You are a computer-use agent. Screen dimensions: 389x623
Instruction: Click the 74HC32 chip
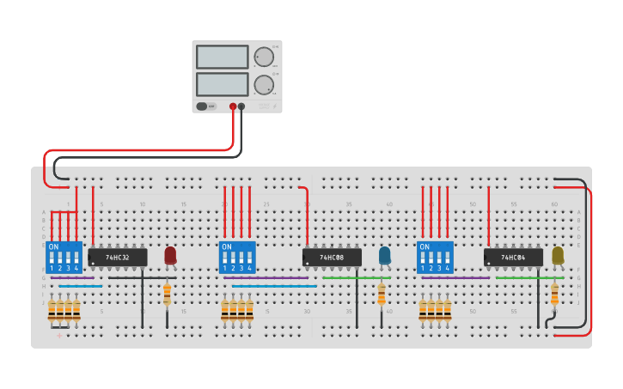118,257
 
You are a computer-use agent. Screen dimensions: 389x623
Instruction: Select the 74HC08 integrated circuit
332,257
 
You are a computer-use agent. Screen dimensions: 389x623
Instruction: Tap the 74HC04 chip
513,257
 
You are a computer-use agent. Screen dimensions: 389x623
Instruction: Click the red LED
170,255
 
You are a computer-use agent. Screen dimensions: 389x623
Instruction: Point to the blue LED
384,255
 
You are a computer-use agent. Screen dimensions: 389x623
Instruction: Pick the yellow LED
558,255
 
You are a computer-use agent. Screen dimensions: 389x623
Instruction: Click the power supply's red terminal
233,106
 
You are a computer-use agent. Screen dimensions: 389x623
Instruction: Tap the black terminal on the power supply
241,106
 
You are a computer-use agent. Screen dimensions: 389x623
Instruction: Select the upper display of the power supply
222,58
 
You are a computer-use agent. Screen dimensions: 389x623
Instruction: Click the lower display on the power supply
222,84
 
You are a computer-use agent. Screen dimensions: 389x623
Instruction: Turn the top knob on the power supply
264,58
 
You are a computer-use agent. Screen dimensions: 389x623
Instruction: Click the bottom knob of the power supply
264,84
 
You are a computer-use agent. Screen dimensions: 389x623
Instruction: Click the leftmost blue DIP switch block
64,257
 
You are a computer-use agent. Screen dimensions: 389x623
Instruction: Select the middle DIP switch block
237,257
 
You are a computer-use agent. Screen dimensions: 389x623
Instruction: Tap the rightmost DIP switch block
435,257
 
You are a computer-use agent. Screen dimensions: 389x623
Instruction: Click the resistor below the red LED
167,295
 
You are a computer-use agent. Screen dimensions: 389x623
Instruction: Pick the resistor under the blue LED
382,295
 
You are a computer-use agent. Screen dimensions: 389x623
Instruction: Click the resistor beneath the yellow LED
554,295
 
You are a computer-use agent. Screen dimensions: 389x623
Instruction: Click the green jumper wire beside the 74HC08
356,277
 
